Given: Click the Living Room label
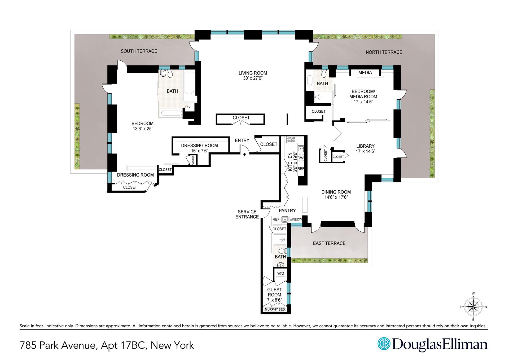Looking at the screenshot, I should [253, 73].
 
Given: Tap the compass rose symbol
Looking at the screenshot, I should [473, 307].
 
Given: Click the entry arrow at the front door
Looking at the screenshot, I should [244, 154].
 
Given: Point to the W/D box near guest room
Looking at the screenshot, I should [280, 273].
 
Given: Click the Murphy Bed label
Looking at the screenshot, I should [275, 309].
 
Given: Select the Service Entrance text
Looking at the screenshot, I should [247, 214].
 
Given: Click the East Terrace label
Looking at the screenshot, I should [329, 243].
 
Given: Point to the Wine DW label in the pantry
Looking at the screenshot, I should [296, 219].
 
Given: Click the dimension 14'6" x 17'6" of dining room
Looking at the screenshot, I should [336, 197].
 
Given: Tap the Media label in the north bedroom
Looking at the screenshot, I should [365, 73].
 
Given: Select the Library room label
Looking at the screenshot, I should [365, 146].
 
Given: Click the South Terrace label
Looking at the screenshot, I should [139, 51].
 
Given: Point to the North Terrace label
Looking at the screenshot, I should [384, 52].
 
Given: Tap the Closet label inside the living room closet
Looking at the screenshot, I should [241, 118].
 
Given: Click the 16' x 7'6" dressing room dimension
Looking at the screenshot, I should [199, 151].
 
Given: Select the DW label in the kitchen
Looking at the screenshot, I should [300, 158].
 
